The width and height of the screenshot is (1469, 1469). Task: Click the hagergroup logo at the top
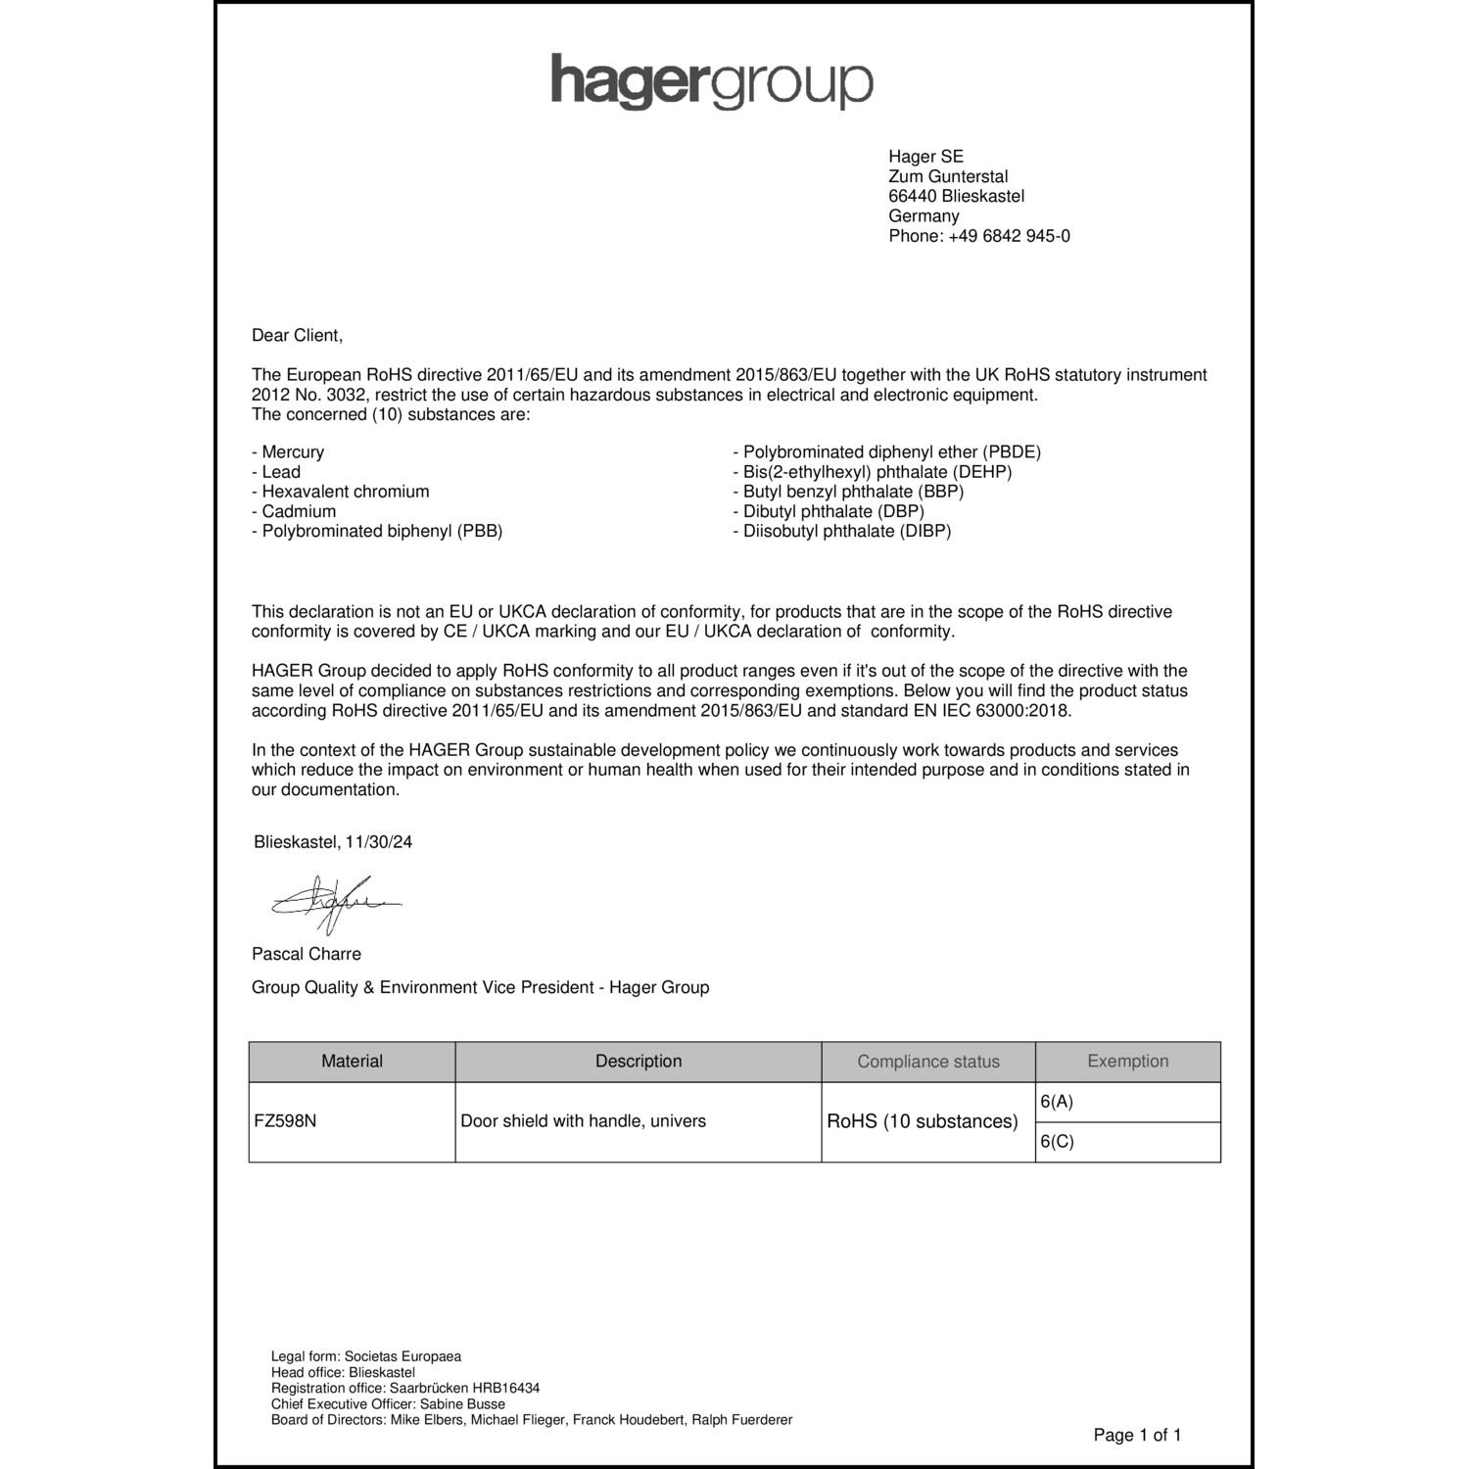point(712,82)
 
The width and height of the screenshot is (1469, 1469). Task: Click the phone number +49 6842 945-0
point(1009,236)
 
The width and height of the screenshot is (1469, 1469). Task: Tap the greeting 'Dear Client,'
point(298,336)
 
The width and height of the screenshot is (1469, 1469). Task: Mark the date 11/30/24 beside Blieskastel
point(378,842)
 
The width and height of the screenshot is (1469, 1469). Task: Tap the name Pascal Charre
point(307,954)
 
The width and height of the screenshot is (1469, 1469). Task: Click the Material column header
point(353,1062)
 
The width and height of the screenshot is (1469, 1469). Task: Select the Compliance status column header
point(928,1062)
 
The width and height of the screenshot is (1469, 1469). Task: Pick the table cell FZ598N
point(285,1121)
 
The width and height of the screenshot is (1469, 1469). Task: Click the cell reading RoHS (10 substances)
point(923,1121)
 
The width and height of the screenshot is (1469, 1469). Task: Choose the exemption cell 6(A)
point(1057,1102)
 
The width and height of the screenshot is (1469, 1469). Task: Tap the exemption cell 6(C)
point(1057,1142)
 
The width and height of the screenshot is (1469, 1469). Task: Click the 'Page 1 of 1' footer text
point(1137,1436)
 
